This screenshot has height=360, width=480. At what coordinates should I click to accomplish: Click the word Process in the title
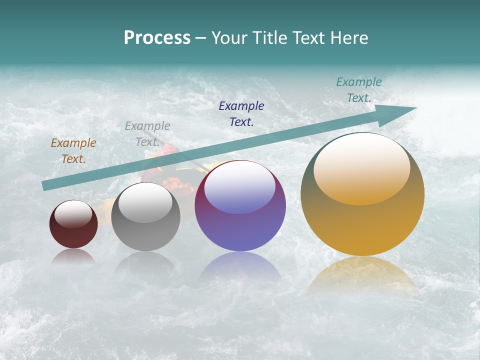pos(157,38)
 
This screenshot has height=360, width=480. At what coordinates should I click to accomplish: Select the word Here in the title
pos(349,38)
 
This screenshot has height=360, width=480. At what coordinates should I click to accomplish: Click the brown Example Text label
pos(73,151)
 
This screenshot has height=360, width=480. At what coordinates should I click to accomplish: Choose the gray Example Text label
pos(147,134)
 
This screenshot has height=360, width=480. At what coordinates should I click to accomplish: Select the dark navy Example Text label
pos(241,113)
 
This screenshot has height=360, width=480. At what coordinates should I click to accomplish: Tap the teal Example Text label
pos(359,90)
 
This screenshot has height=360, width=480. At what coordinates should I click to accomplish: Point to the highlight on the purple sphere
pos(239,186)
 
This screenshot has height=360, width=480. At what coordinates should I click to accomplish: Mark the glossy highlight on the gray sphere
pos(145,202)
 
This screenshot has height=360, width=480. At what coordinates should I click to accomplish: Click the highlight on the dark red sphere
pos(73,213)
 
